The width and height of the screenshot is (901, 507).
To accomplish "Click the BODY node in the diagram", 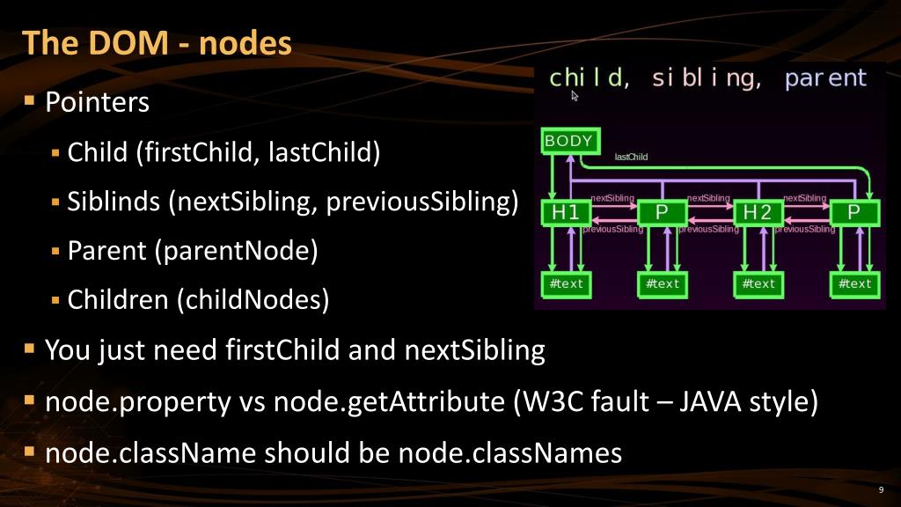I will click(x=568, y=141).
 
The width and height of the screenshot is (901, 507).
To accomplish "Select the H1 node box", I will click(x=565, y=212).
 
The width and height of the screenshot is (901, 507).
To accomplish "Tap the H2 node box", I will click(x=758, y=212).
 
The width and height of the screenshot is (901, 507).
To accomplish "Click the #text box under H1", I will click(x=566, y=283).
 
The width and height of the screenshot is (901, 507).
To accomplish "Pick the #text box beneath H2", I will click(x=758, y=283).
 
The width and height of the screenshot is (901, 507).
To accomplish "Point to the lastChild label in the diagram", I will click(x=631, y=158).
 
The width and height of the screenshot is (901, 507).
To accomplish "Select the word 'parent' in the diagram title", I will click(x=825, y=78).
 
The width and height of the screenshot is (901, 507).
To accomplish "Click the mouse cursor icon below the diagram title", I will click(x=575, y=96).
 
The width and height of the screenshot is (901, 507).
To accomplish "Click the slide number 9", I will click(x=881, y=490).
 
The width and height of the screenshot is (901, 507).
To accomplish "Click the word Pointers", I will click(x=97, y=103).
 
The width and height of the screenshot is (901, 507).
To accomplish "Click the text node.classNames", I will click(x=510, y=453).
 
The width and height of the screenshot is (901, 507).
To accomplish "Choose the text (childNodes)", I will click(x=253, y=301).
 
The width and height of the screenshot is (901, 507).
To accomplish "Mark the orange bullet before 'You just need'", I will click(x=30, y=349).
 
